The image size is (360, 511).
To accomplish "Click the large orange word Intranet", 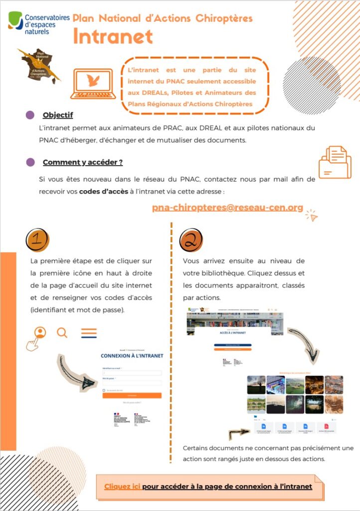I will coord(113,36).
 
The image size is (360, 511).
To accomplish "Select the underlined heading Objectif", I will coord(58,115).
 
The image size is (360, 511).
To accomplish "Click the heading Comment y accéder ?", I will coord(83,162).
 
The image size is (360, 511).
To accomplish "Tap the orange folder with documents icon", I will coord(335,162).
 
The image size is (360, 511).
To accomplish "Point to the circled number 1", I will coord(37,240).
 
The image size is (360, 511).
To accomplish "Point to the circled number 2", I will coord(191,241).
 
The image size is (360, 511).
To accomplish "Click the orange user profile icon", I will coord(40,332).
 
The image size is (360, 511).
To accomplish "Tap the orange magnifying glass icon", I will coord(62,332).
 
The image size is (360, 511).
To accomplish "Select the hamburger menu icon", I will coord(89,333).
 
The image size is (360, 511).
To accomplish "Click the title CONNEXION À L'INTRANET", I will coord(132,356).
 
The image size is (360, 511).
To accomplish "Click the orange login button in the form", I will coord(132,395).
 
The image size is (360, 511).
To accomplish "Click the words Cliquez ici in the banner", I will coord(122,486).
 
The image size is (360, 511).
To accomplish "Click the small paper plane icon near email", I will coord(311,215).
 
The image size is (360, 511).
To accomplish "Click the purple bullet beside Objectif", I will coord(30,115).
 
